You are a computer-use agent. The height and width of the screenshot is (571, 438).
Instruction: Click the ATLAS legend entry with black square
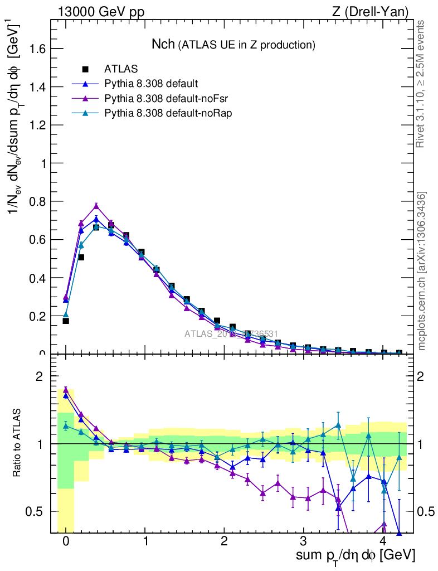pyautogui.click(x=121, y=69)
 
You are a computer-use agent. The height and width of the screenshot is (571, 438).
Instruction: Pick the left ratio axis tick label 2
pyautogui.click(x=40, y=376)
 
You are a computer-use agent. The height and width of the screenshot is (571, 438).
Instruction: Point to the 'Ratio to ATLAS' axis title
pyautogui.click(x=18, y=444)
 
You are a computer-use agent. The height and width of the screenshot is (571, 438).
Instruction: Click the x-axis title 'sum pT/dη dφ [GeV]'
pyautogui.click(x=355, y=556)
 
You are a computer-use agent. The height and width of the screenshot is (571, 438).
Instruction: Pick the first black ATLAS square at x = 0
pyautogui.click(x=66, y=321)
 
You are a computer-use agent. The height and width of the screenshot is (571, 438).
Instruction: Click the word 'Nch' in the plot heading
pyautogui.click(x=164, y=44)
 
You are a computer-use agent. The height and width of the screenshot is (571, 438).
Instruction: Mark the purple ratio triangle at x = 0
pyautogui.click(x=66, y=390)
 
